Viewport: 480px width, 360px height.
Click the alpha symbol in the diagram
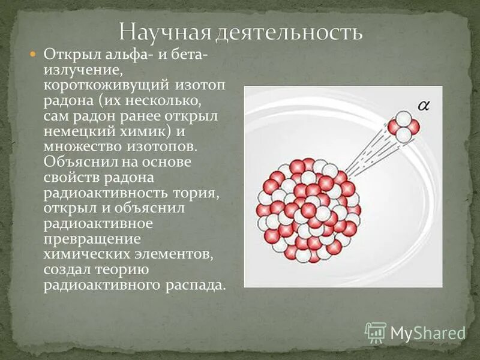(x=424, y=107)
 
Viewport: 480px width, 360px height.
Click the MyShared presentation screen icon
(x=376, y=332)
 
